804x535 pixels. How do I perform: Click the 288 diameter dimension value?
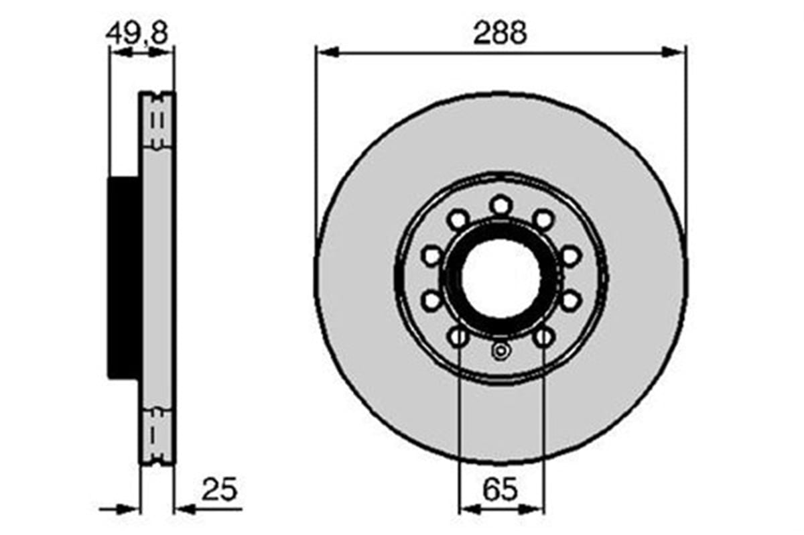(x=500, y=34)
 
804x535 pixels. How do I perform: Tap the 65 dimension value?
(x=500, y=490)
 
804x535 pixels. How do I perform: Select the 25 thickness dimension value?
(x=219, y=490)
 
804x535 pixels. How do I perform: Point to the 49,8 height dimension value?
(x=137, y=34)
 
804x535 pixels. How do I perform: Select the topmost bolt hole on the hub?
(x=500, y=204)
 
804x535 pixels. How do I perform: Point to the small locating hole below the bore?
(x=500, y=350)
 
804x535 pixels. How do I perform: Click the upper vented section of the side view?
(x=157, y=121)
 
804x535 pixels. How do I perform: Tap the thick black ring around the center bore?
(x=500, y=231)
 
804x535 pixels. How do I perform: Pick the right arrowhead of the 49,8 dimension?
(x=164, y=52)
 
